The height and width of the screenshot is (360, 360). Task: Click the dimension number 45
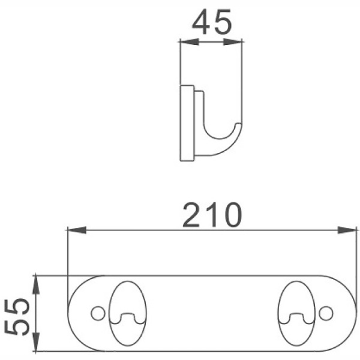(x=212, y=23)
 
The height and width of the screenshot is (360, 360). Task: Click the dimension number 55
(x=18, y=314)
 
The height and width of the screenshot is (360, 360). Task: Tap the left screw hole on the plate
(x=96, y=313)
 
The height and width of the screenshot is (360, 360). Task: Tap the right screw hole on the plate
(x=326, y=313)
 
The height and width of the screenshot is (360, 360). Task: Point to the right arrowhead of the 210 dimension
(x=348, y=230)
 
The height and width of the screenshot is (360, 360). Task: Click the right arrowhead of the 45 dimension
(x=235, y=41)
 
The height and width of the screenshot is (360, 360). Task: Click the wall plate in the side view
(x=187, y=123)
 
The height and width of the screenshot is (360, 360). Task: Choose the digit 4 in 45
(x=201, y=23)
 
